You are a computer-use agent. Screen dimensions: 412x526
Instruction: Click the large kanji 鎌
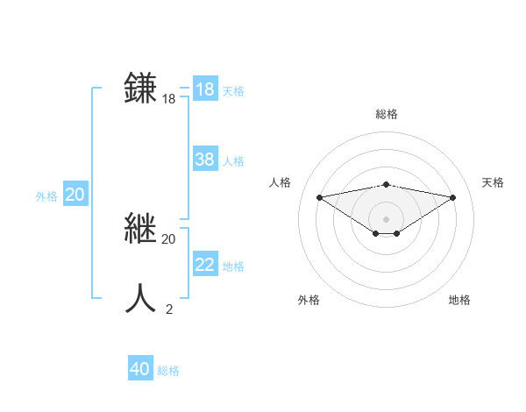(141, 89)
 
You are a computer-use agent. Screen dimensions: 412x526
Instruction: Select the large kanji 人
(141, 299)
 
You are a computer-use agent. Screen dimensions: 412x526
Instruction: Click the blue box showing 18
(205, 89)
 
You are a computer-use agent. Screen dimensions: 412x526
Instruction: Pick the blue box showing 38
(205, 160)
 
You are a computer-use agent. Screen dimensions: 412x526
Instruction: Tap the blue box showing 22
(205, 265)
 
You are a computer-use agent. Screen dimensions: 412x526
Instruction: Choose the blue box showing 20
(75, 195)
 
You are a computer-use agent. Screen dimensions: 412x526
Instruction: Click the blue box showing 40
(140, 369)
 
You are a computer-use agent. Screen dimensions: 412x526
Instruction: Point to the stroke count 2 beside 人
(169, 309)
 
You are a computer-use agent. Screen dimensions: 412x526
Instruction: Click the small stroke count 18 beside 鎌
(169, 99)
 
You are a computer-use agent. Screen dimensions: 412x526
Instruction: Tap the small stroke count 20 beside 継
(169, 238)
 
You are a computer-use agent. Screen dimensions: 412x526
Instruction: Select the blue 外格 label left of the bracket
(46, 196)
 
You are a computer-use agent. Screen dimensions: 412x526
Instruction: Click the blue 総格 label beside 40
(168, 371)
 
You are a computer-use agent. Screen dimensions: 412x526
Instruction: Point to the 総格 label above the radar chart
(386, 114)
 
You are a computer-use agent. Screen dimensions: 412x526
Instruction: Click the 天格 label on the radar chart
(493, 182)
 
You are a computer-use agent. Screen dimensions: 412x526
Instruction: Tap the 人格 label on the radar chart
(280, 182)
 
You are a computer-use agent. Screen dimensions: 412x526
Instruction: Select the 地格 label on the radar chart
(459, 300)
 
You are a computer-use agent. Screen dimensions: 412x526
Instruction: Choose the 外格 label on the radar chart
(309, 300)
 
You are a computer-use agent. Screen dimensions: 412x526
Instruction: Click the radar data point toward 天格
(453, 196)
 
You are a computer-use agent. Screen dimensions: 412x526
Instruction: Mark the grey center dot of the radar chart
(386, 218)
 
